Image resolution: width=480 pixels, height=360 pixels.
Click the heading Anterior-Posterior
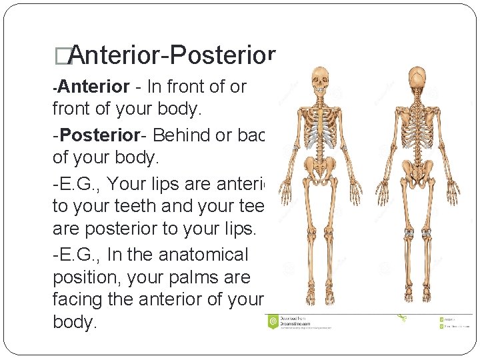[x=171, y=57]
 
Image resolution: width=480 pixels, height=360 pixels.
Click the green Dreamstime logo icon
[x=273, y=322]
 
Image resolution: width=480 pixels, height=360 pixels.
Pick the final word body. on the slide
[x=75, y=323]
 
